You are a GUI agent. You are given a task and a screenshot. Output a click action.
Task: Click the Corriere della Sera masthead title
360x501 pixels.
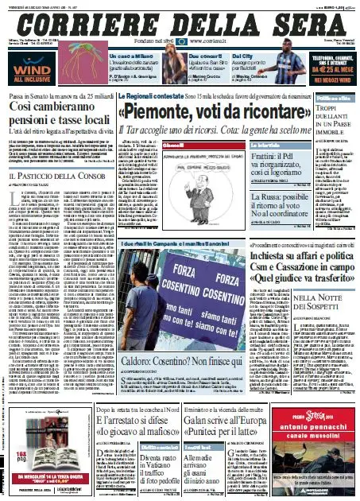pos(180,19)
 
